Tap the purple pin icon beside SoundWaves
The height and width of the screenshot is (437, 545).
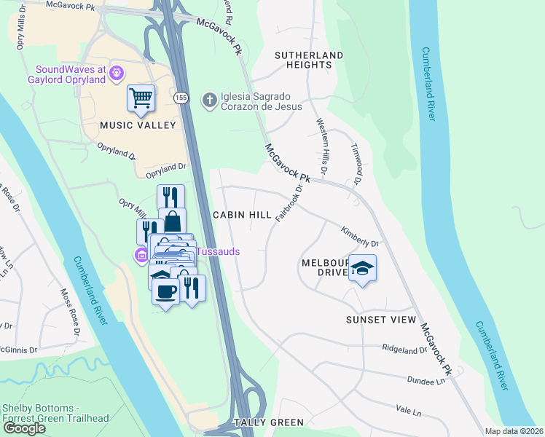(x=117, y=73)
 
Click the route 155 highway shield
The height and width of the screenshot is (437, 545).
(x=181, y=97)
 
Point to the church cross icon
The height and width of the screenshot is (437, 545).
(x=209, y=99)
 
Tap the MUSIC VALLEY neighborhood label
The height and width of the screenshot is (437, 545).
(x=138, y=125)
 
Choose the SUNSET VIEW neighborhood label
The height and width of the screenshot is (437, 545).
(x=381, y=320)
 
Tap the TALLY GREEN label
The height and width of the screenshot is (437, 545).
(x=268, y=422)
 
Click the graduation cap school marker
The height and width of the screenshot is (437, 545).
(x=362, y=269)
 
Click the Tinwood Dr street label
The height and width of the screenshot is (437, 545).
(x=357, y=163)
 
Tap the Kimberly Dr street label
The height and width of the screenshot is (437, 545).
(x=360, y=237)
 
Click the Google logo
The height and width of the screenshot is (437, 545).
(x=24, y=428)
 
